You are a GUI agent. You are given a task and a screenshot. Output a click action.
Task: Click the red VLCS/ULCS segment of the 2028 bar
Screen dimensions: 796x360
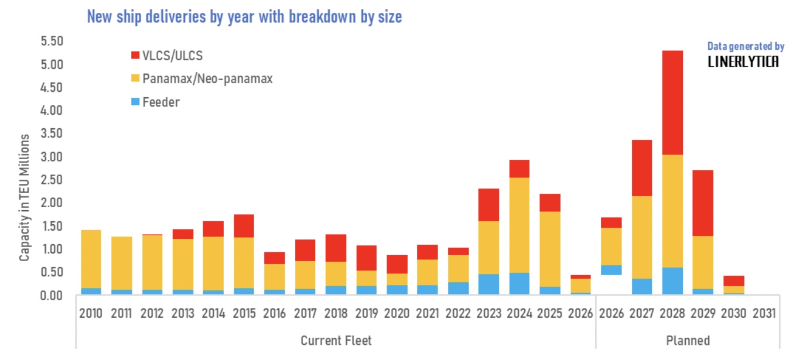pos(672,102)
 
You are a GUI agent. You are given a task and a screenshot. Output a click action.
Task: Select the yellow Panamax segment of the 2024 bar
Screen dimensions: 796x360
pos(519,225)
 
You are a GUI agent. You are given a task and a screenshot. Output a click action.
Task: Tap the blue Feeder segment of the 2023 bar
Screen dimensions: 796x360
pos(488,284)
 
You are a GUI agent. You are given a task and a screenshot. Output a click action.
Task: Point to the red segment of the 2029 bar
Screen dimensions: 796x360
pos(703,203)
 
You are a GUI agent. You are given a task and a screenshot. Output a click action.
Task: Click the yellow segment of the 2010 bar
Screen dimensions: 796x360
pos(91,259)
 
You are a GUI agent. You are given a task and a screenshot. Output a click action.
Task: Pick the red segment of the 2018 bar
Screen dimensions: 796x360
pos(336,248)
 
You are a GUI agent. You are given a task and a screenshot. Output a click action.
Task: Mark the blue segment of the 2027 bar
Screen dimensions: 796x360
pos(642,286)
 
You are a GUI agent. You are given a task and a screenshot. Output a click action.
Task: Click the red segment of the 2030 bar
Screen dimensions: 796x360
pos(733,281)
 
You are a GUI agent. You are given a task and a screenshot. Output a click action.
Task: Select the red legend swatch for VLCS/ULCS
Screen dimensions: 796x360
pos(135,55)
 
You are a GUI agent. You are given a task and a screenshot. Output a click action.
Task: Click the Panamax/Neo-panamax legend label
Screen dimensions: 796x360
pos(207,78)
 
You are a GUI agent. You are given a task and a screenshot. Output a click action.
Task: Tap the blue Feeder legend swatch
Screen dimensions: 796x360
pos(135,101)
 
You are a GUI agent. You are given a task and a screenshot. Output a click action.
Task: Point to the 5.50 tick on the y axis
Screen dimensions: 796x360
pos(52,41)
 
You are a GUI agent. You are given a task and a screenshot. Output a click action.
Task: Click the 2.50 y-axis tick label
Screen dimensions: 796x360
pos(52,180)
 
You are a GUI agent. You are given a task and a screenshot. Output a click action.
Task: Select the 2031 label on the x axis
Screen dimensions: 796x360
pos(764,313)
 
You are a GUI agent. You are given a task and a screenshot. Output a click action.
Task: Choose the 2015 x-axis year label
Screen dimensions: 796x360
pos(244,313)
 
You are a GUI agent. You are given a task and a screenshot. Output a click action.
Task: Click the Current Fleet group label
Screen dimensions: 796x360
pos(336,341)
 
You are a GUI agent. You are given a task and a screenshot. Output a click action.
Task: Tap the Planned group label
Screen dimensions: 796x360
pos(688,341)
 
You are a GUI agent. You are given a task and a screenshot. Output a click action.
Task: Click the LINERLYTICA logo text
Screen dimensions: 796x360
pos(743,62)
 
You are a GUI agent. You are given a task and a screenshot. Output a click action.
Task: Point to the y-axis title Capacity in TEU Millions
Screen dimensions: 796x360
pos(24,197)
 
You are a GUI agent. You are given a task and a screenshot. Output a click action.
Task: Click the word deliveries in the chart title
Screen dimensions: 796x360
pos(176,17)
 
